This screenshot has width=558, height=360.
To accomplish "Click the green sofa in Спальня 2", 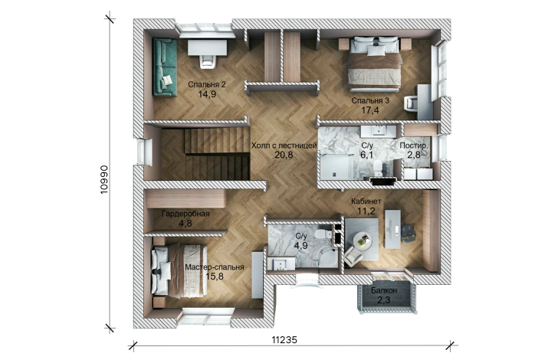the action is pos(165,67).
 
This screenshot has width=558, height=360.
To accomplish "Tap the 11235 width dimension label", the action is pos(284,340).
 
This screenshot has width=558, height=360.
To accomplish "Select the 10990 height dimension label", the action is pos(104,179).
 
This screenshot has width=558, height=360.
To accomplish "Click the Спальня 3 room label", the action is pos(370,100).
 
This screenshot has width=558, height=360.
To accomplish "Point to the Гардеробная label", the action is pos(185,214).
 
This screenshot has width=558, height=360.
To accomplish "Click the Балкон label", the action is pos(384,290).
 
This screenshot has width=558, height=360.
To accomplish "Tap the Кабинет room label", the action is pos(366,201).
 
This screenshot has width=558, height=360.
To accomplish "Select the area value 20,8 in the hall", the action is pos(284,155).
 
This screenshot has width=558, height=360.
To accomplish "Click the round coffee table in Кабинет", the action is pos(363,240).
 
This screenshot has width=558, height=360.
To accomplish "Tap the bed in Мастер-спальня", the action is pos(179,270).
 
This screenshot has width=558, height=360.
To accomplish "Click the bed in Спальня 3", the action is pos(374,64).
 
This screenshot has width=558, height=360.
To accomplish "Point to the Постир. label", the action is pos(414,146).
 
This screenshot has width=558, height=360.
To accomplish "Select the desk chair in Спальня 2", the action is pos(207,61).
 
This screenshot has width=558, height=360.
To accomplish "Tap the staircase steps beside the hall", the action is pos(216,155).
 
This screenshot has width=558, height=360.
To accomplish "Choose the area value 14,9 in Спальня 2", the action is pos(207,94).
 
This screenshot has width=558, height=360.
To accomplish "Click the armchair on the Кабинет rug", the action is pos(353,256).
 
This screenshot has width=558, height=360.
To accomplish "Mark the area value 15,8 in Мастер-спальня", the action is pos(215,276).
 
